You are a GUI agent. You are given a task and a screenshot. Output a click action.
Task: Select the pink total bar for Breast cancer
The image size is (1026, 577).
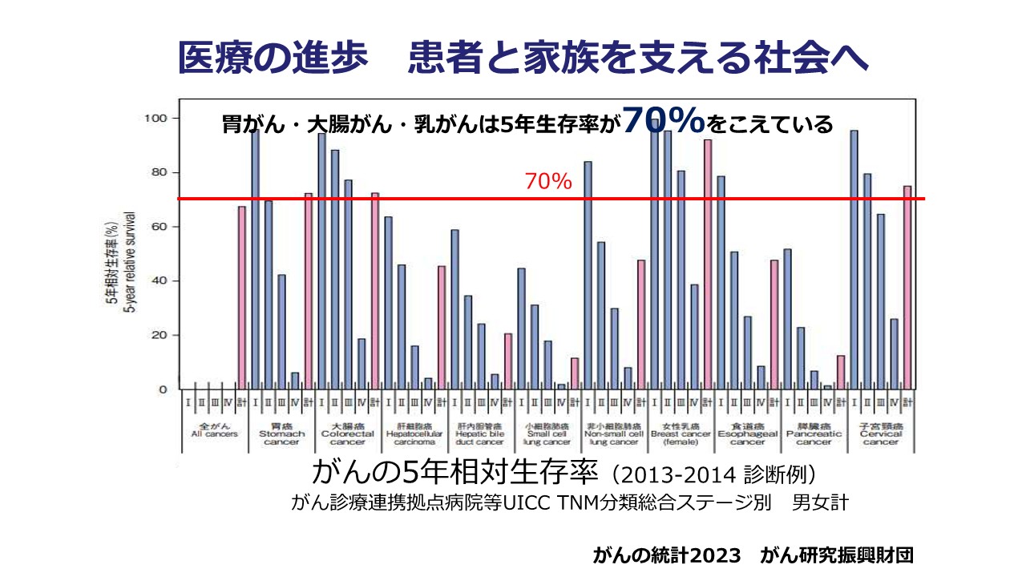click(708, 264)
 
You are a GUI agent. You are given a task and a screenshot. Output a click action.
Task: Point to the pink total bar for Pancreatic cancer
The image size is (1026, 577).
click(841, 372)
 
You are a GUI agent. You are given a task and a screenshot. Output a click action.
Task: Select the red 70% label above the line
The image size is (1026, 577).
click(548, 182)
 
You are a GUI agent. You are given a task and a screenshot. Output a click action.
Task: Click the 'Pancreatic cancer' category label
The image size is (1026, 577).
click(814, 438)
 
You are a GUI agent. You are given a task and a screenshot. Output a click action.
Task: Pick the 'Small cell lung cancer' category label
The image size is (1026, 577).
click(547, 438)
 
